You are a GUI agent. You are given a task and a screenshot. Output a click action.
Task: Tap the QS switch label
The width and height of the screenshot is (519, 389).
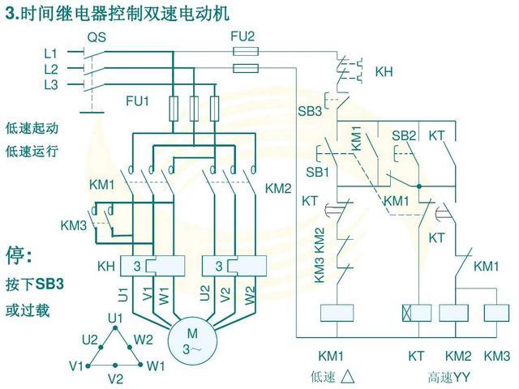pos(97,37)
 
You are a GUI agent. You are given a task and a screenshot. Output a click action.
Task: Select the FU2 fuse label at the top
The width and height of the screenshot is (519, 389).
pos(242,36)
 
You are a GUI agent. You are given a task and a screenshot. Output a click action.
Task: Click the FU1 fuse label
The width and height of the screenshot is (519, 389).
pos(137,101)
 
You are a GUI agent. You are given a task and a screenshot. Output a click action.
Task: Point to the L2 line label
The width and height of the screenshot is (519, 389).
pos(51,68)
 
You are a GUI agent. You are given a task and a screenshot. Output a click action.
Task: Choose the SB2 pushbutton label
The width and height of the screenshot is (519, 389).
pos(404,135)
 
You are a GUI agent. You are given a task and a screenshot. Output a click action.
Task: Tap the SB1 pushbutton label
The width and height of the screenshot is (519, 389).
pos(317,173)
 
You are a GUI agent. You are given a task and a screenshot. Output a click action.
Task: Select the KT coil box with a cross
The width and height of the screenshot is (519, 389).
pos(415,312)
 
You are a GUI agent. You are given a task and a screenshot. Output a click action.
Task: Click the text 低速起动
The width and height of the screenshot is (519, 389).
pos(32,128)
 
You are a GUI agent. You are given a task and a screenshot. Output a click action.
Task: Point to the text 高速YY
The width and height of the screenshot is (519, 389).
pos(450,377)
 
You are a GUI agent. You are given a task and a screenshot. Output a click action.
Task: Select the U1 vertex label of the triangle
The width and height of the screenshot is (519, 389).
pos(114,317)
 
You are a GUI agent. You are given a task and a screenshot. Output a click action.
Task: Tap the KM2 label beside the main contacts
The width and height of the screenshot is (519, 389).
pos(278,188)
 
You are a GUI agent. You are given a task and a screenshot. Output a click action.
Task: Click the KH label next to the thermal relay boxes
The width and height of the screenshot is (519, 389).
pos(106,266)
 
